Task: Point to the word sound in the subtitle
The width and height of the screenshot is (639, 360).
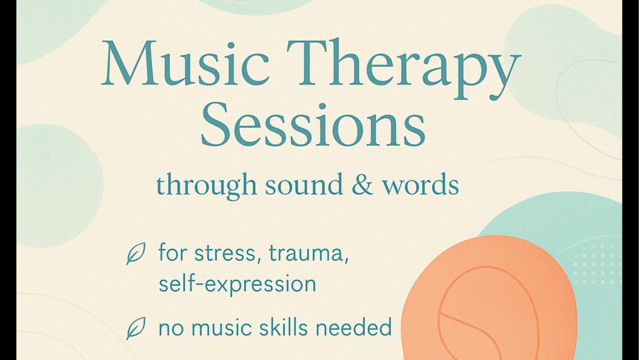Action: click(304, 185)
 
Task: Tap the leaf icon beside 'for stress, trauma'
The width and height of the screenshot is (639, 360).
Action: click(135, 255)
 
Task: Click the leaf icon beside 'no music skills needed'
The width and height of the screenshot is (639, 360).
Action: click(135, 327)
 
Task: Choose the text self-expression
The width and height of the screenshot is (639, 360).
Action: click(237, 284)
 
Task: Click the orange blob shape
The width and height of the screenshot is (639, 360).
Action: click(491, 302)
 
